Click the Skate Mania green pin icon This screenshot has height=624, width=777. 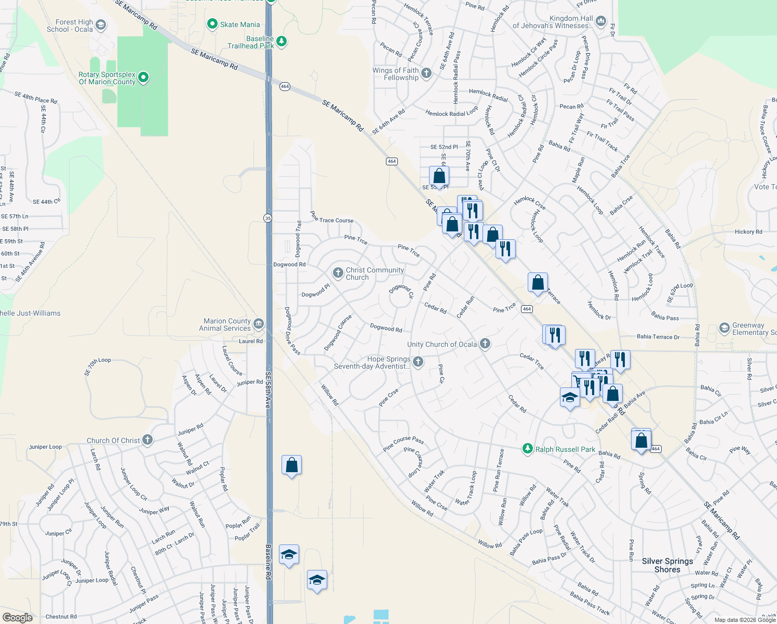tap(212, 24)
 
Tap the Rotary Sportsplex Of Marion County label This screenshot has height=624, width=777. tap(107, 78)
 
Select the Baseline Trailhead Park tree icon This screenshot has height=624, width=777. tap(282, 41)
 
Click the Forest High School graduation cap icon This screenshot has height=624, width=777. tap(101, 25)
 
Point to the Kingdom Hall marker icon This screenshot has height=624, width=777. tap(601, 21)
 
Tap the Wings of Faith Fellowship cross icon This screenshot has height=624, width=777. tap(426, 73)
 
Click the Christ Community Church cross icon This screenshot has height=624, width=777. tap(338, 273)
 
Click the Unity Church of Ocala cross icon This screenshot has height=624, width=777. tap(485, 343)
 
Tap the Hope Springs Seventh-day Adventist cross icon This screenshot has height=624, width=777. tap(418, 362)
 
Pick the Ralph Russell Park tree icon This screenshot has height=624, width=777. tap(528, 449)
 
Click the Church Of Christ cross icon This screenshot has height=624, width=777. tap(148, 440)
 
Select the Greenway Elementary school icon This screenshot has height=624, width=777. tap(724, 328)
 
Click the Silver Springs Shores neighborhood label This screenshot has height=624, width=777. tap(667, 565)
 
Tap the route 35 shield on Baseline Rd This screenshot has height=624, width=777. tap(267, 218)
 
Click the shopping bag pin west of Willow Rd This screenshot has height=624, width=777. tap(291, 465)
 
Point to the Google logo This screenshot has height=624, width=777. tap(18, 618)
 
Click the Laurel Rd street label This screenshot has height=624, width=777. tap(250, 341)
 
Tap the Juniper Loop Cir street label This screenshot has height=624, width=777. tap(133, 484)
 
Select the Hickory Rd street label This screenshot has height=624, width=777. tap(748, 231)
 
